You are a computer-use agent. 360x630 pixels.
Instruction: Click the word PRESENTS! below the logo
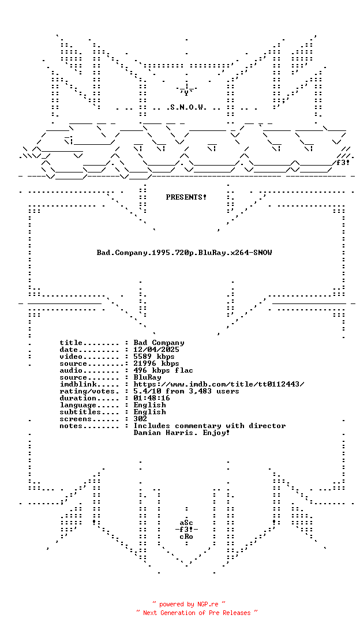186,197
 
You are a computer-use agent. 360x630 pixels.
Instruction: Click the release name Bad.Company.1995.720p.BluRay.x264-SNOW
185,253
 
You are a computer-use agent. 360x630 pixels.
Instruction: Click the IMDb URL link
219,384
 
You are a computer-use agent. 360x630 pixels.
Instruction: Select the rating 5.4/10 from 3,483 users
186,391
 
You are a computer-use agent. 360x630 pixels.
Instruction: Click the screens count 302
140,419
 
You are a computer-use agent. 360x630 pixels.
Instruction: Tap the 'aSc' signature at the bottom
186,523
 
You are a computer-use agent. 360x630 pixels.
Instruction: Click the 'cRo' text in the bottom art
186,537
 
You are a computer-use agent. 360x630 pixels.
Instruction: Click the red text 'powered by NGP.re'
189,604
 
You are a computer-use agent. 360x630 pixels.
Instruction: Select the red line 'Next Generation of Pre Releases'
197,613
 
